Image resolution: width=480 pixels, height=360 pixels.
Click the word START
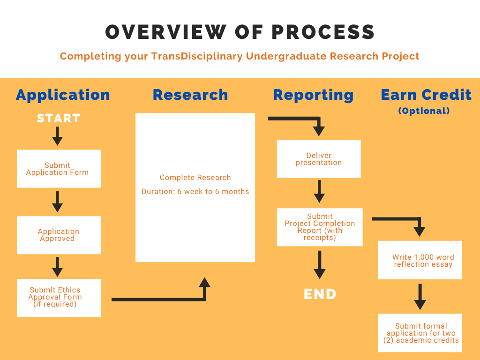(59, 118)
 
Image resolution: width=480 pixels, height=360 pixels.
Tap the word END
(320, 294)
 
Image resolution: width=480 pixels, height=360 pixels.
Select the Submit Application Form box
(59, 169)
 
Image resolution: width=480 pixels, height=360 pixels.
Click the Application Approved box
(59, 235)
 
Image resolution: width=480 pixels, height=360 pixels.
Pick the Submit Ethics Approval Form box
(59, 298)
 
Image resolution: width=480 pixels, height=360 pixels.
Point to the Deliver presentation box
(319, 159)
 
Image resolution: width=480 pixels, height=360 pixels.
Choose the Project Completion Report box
(320, 227)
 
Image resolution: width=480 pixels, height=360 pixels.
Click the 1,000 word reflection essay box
(420, 260)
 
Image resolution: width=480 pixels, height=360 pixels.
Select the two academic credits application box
(420, 333)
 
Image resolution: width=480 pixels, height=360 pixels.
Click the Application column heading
(63, 95)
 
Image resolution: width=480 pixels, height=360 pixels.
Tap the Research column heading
(190, 95)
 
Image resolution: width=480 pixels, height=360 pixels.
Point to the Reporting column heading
(313, 95)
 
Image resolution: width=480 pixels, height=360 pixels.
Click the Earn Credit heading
(426, 95)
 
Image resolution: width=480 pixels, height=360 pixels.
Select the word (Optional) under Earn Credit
(424, 111)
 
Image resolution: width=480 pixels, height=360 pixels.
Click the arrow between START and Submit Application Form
(57, 136)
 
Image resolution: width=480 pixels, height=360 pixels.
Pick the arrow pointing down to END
(320, 264)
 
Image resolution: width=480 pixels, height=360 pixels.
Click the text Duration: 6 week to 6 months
(195, 192)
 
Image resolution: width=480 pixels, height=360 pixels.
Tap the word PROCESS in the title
(323, 32)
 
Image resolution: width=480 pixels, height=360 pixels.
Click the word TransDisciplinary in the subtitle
(197, 56)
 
